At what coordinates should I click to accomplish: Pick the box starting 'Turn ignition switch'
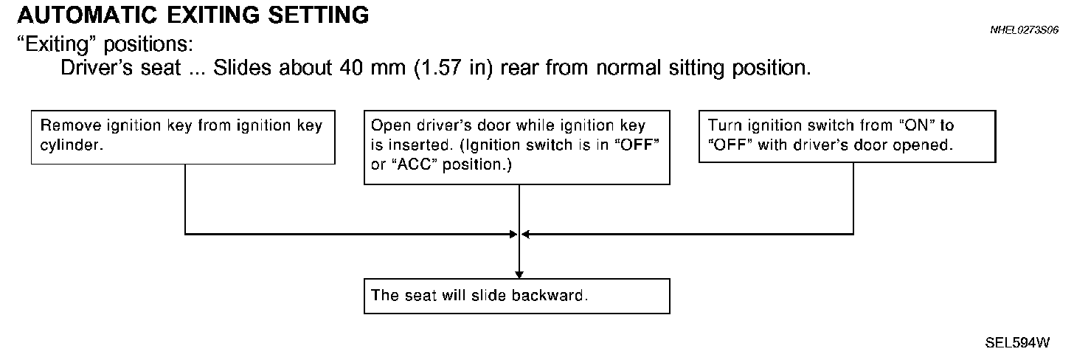point(847,136)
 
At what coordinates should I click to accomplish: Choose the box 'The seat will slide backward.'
point(516,296)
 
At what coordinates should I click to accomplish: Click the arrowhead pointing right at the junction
point(513,234)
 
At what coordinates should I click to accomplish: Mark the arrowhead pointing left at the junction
point(525,234)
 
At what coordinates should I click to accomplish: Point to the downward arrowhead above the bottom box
point(519,274)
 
